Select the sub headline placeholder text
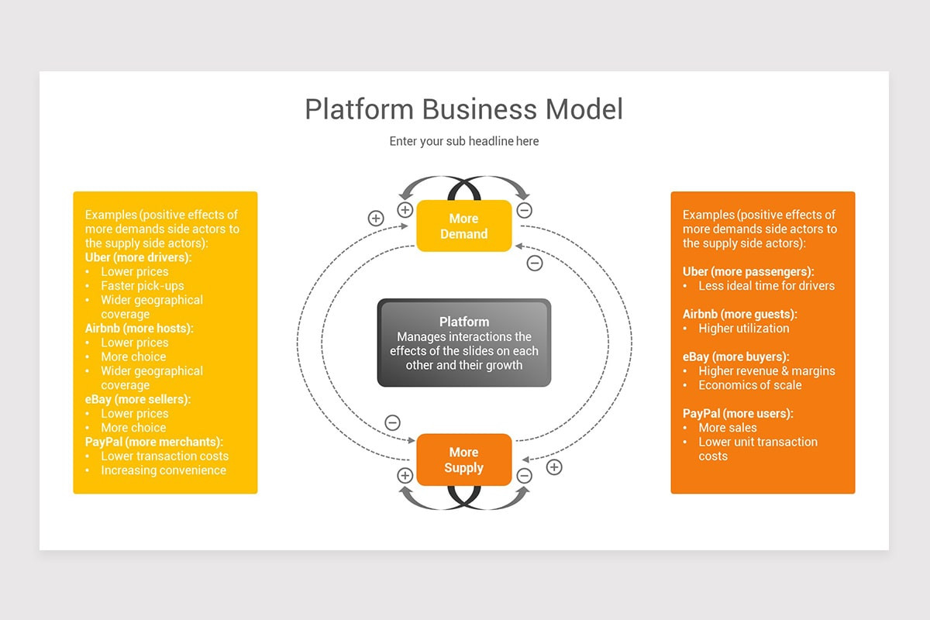click(x=463, y=141)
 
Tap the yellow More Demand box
click(x=463, y=226)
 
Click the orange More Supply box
click(x=463, y=460)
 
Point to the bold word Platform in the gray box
click(x=463, y=322)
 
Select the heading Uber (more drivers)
click(x=139, y=257)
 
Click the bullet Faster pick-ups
click(x=143, y=286)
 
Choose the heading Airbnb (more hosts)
click(x=139, y=329)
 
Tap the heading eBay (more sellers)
click(x=137, y=400)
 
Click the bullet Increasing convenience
click(x=164, y=470)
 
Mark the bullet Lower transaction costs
click(x=164, y=456)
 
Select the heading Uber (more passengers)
click(x=748, y=271)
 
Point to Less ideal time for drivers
click(x=766, y=286)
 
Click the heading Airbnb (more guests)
click(x=739, y=314)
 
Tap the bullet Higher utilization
click(x=743, y=329)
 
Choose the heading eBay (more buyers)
click(x=735, y=356)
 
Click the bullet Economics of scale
click(x=749, y=385)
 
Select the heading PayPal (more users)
click(x=738, y=413)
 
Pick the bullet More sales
click(x=728, y=428)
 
